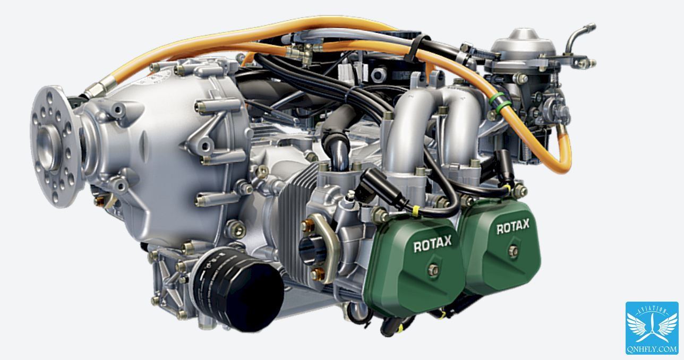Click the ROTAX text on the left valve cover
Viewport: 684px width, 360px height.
(x=432, y=244)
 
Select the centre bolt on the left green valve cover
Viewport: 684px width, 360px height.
(x=433, y=270)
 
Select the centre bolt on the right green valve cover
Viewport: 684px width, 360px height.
(x=514, y=251)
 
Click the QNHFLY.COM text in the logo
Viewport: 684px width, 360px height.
(x=652, y=349)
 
